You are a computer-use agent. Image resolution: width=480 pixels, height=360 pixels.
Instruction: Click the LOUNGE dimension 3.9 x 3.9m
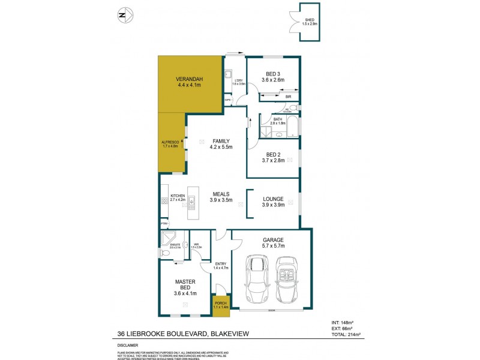[x=273, y=205]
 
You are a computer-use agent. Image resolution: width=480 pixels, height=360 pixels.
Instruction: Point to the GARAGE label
[x=274, y=239]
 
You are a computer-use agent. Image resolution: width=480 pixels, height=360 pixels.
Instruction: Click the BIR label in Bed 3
[x=288, y=97]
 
